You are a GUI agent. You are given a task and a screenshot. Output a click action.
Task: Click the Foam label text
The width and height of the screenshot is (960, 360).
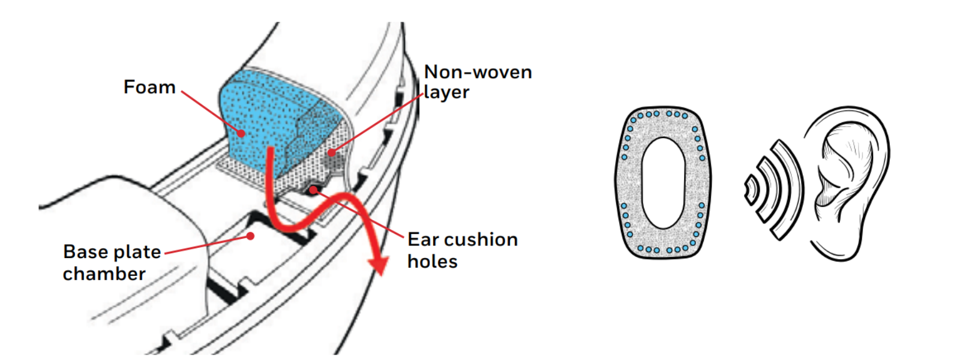(149, 87)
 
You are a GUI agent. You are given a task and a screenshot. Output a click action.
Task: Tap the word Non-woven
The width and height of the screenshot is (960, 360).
(478, 72)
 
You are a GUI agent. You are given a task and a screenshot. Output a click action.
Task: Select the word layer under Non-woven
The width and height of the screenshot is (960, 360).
(446, 92)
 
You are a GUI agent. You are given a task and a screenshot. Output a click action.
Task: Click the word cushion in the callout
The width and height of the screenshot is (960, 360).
(481, 239)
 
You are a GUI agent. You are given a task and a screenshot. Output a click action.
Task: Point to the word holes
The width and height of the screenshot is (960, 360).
(433, 262)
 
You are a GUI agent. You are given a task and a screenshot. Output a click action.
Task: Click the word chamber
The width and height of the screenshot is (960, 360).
(104, 274)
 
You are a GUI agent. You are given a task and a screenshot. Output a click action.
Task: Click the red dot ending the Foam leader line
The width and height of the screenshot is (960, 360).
(241, 133)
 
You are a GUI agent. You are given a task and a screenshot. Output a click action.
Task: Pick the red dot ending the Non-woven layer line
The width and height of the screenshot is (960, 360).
(331, 152)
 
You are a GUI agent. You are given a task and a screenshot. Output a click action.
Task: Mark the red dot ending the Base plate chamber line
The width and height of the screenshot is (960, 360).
(251, 236)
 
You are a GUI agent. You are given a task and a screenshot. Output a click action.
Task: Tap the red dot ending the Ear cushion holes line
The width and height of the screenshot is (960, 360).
(314, 190)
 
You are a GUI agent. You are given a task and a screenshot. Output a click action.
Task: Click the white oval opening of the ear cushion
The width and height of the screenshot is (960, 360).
(663, 183)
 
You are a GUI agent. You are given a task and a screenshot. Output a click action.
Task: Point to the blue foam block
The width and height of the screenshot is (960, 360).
(262, 120)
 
